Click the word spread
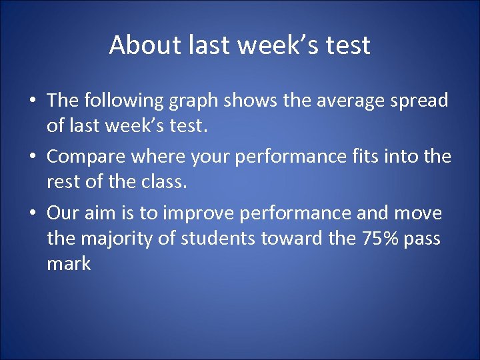pos(420,101)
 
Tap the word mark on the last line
pos(69,263)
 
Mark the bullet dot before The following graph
pos(33,101)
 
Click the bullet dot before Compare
pos(33,157)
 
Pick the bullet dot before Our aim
pos(33,214)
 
